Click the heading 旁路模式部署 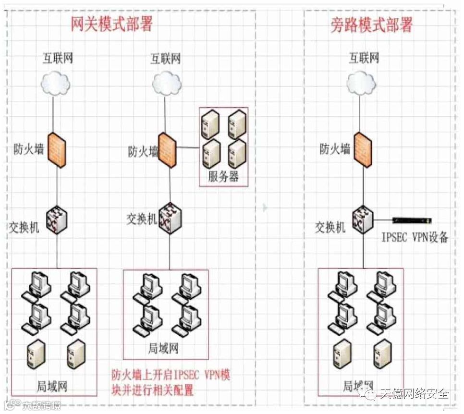pos(372,24)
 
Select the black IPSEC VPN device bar pos(412,220)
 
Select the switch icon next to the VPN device pos(362,220)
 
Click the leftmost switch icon pos(57,220)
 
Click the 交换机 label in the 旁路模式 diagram pos(330,226)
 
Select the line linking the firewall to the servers pos(188,148)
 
